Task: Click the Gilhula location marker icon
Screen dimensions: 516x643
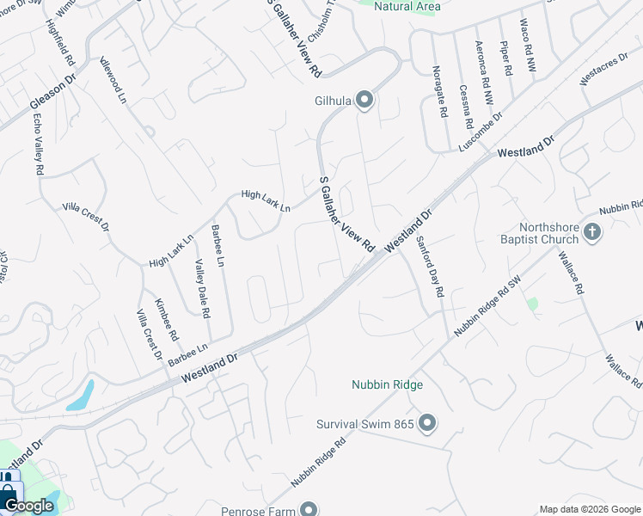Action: [x=364, y=101]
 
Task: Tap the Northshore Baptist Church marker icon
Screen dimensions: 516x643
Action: [x=591, y=231]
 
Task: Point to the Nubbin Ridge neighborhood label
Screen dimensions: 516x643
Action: [x=388, y=384]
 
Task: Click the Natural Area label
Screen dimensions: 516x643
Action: [x=408, y=7]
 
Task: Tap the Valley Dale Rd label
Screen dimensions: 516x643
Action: [x=201, y=289]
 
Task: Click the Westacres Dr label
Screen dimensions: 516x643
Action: [x=599, y=76]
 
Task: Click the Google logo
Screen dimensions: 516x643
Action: [x=28, y=506]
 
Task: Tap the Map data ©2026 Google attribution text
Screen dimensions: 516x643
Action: [x=590, y=509]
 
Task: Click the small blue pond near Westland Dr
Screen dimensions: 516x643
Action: [x=80, y=395]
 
